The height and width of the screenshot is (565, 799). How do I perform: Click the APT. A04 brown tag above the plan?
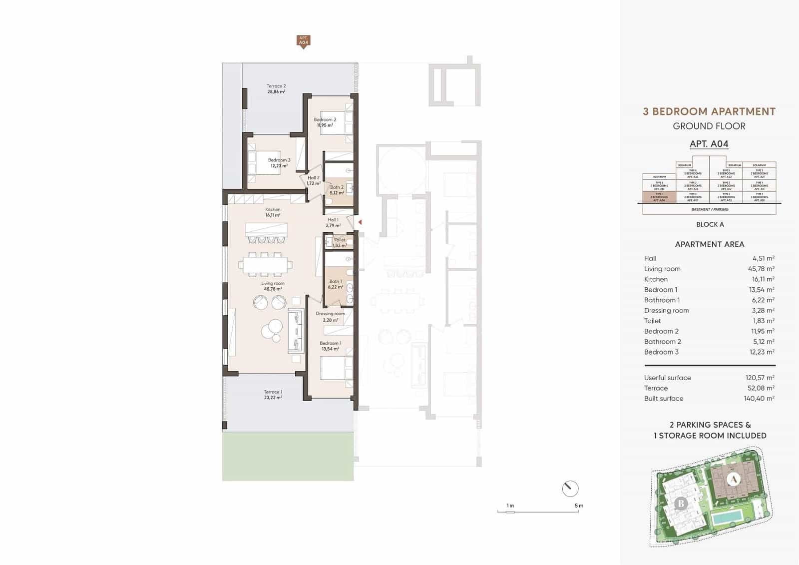click(x=303, y=40)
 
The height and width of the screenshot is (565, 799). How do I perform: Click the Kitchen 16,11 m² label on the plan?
click(x=273, y=212)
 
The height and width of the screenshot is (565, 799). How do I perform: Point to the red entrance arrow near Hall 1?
click(x=360, y=222)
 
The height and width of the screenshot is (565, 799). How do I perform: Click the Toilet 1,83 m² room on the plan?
click(x=340, y=243)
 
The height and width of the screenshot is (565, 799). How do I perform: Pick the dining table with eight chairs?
click(x=265, y=264)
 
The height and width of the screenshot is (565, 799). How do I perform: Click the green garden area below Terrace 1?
click(x=288, y=457)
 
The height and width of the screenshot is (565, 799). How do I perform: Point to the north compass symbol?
click(x=570, y=489)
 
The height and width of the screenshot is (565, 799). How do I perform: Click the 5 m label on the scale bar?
click(x=579, y=506)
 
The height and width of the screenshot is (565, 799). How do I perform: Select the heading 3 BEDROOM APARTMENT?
click(x=709, y=111)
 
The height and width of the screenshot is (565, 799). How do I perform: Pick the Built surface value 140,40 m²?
click(x=760, y=399)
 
